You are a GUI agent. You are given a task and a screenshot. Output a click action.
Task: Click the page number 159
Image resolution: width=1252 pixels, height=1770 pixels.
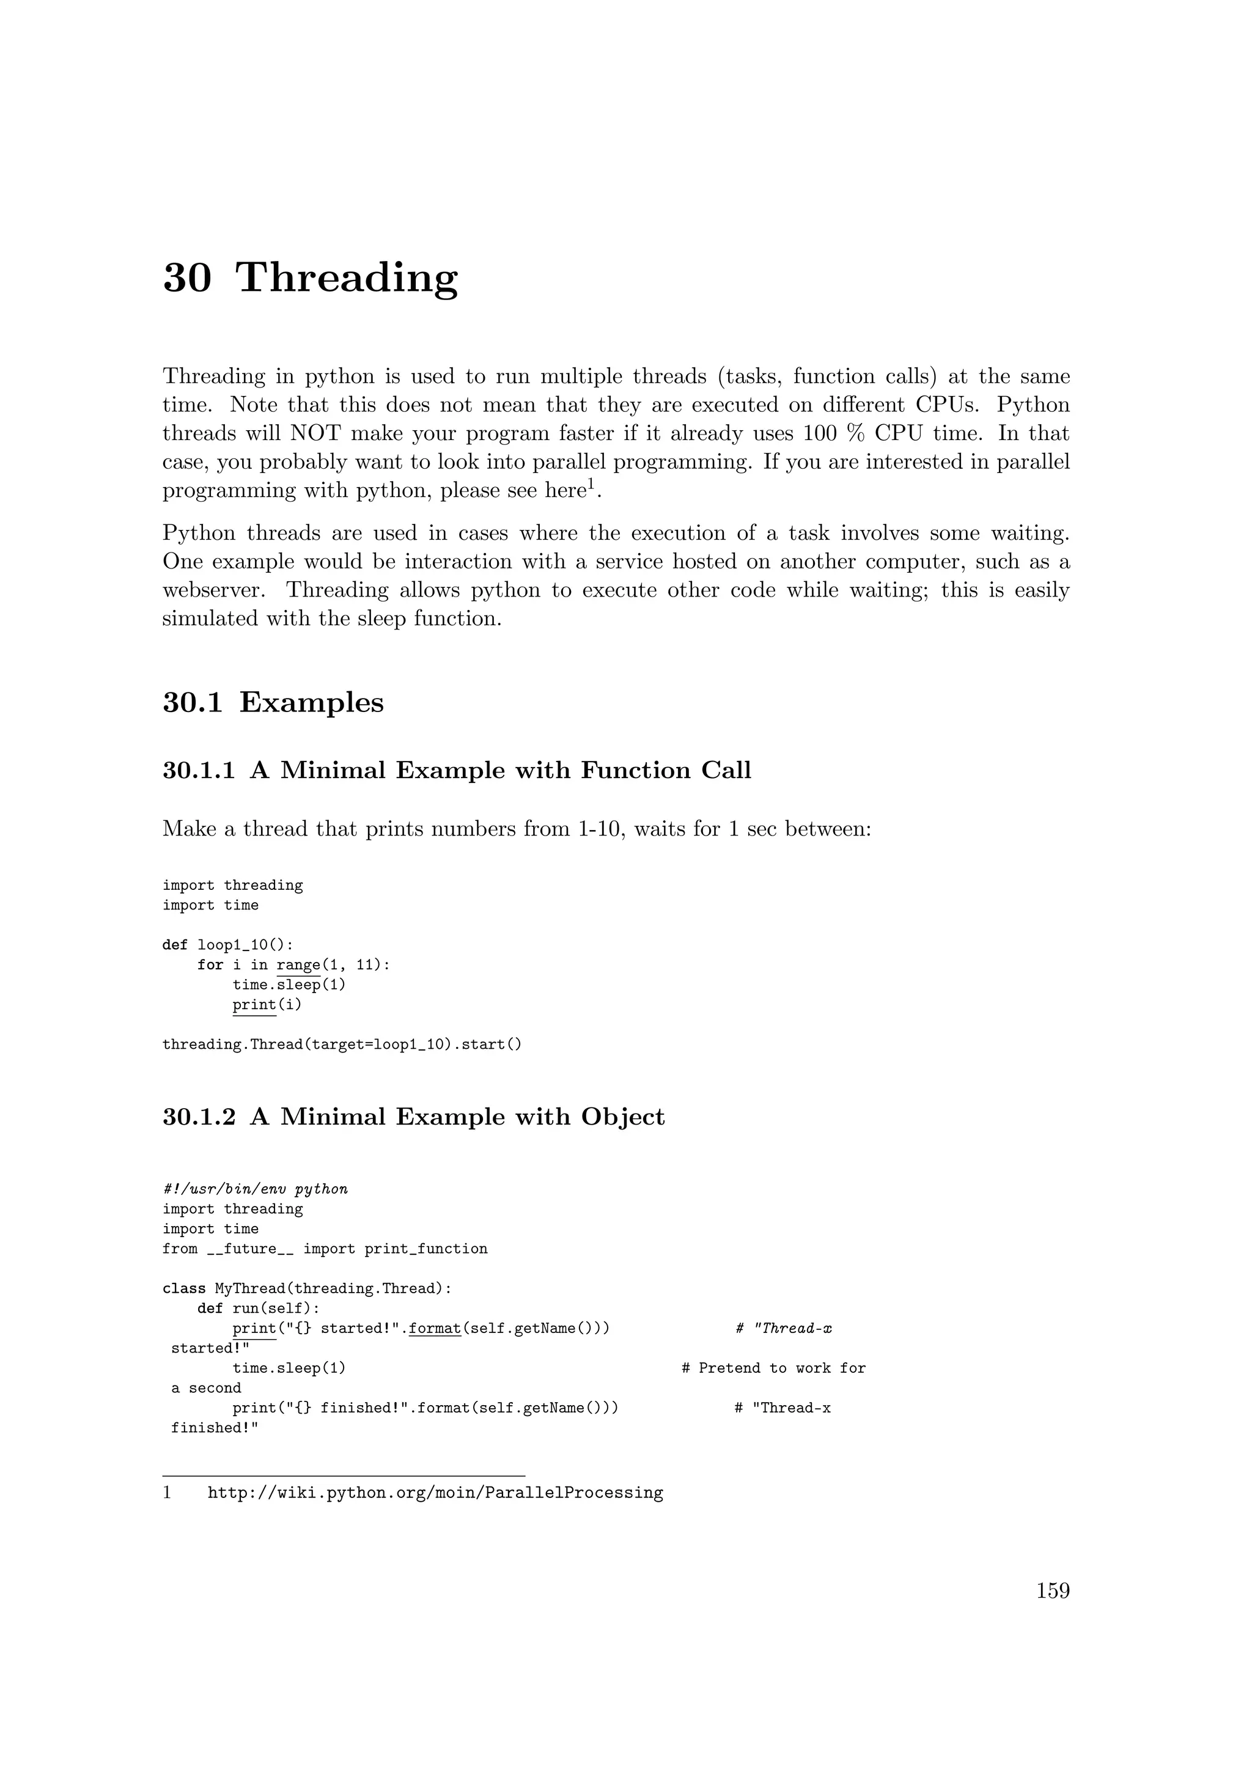(x=1052, y=1590)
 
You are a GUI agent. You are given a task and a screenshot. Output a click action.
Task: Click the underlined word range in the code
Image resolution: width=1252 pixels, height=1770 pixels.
(x=298, y=965)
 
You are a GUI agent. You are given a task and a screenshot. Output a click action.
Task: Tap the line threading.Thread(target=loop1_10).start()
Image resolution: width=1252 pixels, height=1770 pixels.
(x=342, y=1045)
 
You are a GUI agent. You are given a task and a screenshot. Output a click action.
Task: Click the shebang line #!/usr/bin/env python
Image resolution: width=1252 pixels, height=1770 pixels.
(x=255, y=1189)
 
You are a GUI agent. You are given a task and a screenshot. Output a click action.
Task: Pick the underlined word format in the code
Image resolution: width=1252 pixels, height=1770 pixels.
(x=435, y=1328)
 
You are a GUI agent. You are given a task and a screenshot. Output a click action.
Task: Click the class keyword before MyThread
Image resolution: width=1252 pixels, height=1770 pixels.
(x=184, y=1289)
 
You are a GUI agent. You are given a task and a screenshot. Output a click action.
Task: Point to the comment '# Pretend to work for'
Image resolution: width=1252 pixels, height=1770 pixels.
(x=773, y=1368)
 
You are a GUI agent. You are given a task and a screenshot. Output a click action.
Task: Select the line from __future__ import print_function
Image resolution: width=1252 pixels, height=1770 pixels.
(x=325, y=1249)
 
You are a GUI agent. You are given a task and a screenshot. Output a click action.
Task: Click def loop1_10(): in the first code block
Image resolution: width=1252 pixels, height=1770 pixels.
(x=227, y=945)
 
